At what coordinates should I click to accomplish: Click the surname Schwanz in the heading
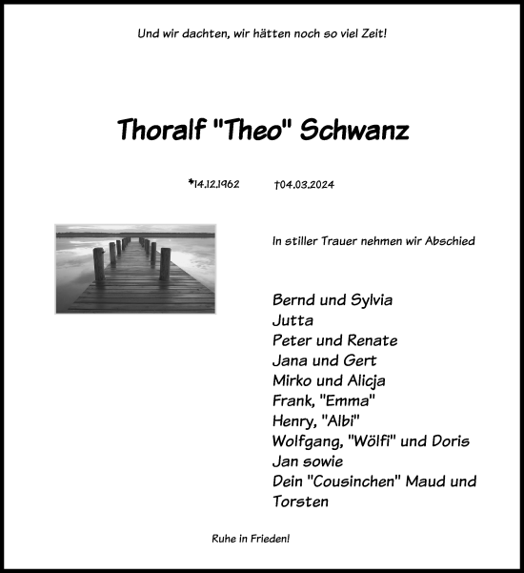[354, 132]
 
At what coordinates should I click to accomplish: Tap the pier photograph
[135, 268]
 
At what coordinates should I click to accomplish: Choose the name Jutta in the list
[292, 320]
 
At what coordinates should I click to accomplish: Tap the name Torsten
[300, 501]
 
